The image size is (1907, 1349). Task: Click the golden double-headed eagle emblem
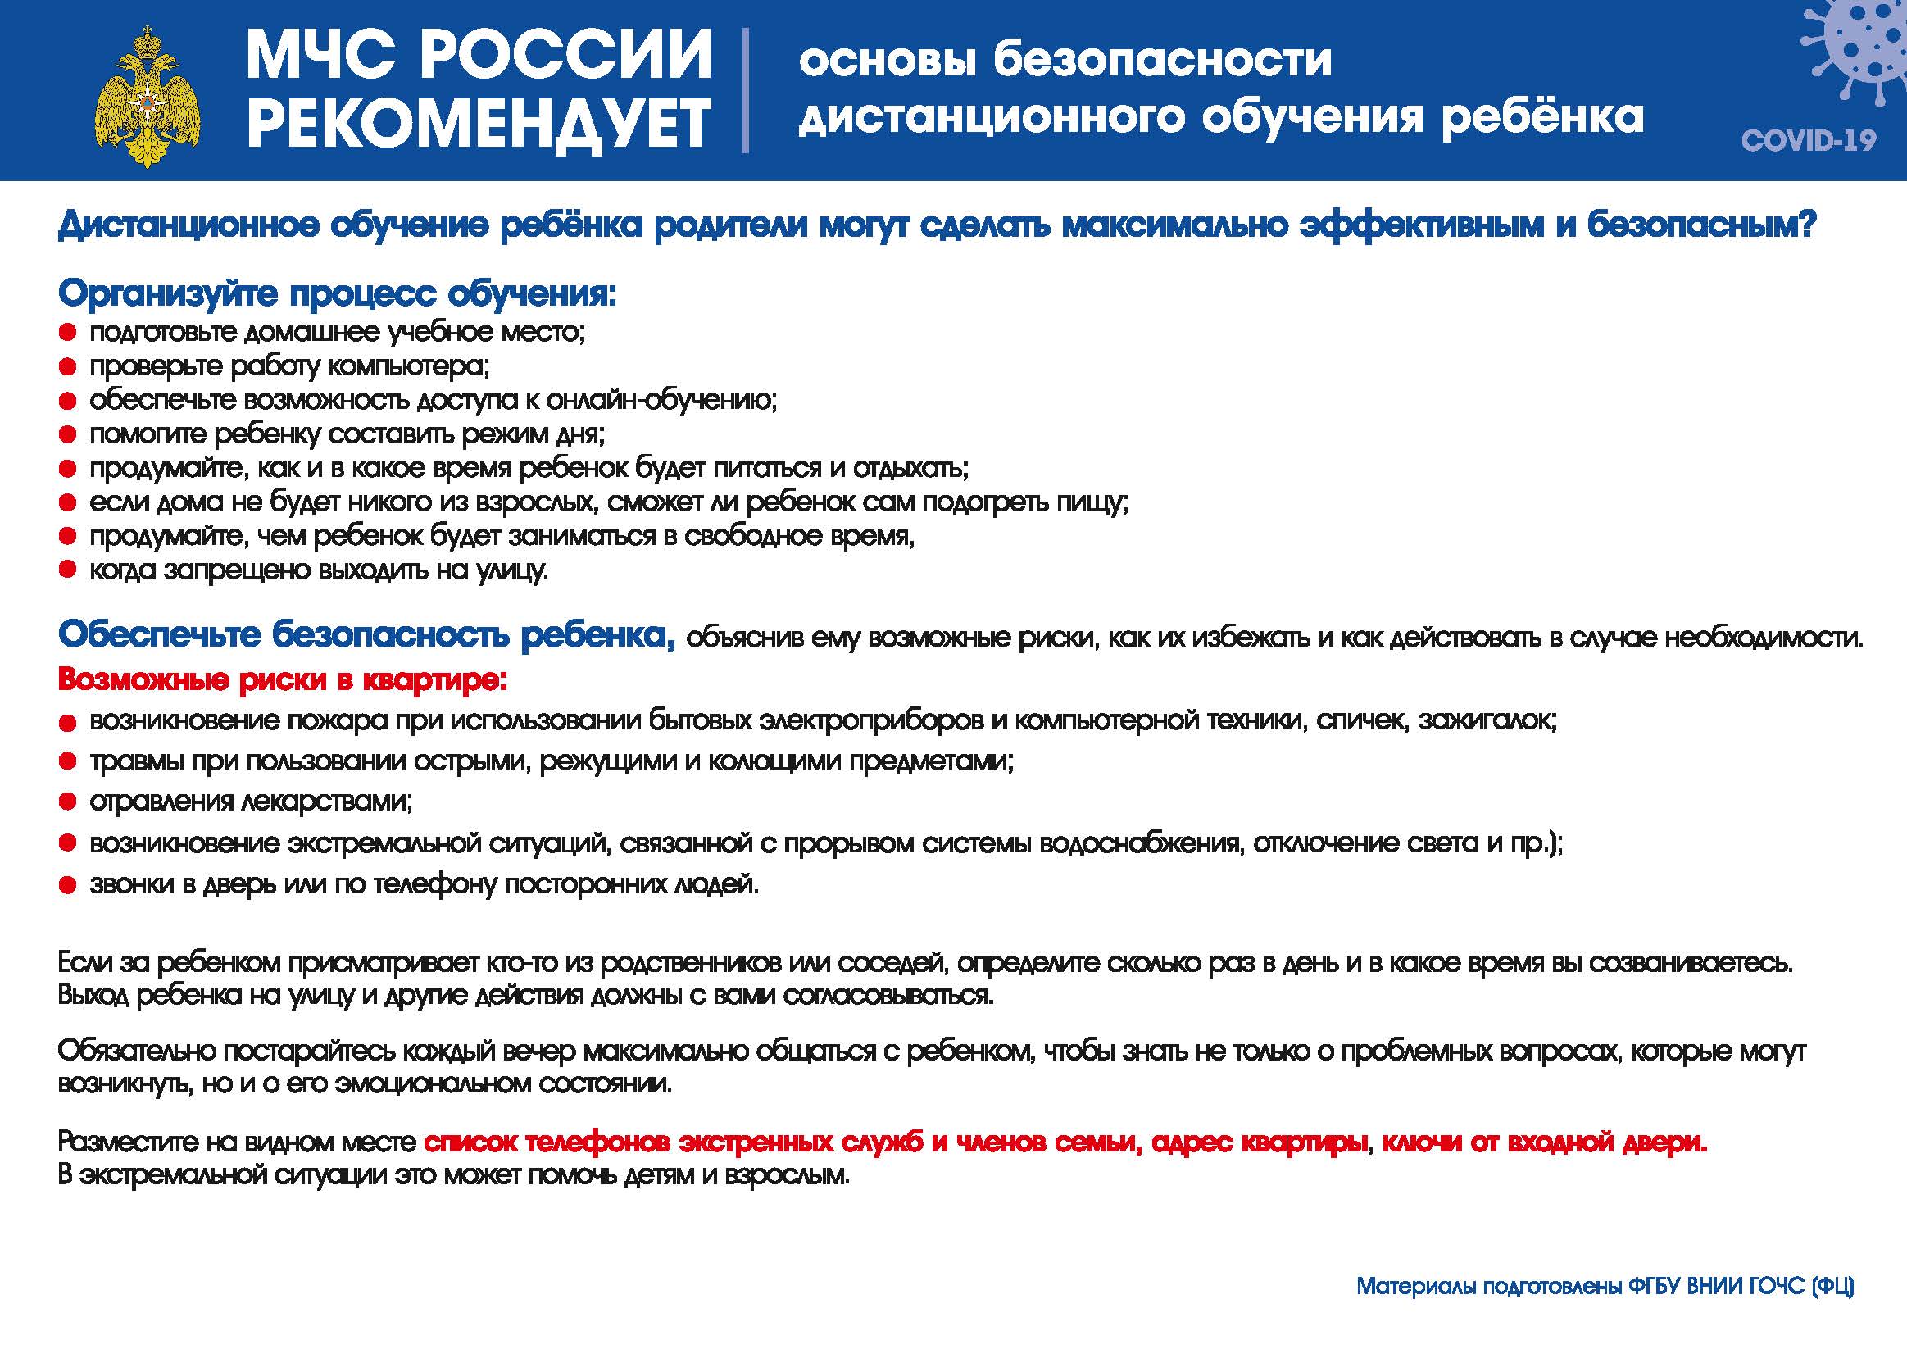click(148, 97)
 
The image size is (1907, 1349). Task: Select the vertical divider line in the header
click(745, 90)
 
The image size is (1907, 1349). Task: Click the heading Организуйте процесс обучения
click(336, 293)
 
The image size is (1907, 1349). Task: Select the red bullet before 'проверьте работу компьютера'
click(68, 367)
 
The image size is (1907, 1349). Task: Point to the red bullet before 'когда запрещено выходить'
click(68, 570)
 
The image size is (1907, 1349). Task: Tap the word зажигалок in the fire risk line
click(1487, 720)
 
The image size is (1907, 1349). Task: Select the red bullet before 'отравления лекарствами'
click(68, 802)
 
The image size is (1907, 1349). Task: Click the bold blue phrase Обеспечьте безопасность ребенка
click(366, 635)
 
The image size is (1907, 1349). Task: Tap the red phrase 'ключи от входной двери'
click(1543, 1143)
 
